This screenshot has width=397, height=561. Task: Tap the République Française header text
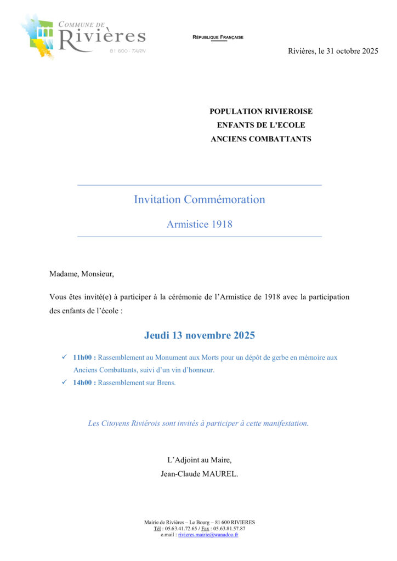(x=218, y=37)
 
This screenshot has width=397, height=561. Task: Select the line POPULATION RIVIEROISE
(x=261, y=111)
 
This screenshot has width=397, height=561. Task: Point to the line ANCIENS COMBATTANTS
(x=261, y=139)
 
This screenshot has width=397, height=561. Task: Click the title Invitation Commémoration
(x=200, y=199)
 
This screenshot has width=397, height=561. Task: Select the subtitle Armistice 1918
(x=200, y=224)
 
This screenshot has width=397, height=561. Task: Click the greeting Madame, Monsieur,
(x=82, y=274)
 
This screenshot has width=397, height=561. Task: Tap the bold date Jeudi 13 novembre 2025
(x=200, y=335)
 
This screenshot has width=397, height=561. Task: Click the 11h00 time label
(x=84, y=357)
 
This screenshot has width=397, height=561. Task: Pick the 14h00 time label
(x=84, y=382)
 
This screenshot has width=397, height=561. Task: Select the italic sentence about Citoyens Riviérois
(x=198, y=423)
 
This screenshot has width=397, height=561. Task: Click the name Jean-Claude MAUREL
(x=200, y=474)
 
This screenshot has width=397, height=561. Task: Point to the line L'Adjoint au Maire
(x=200, y=460)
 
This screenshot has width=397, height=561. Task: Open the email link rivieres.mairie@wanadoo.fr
(x=208, y=535)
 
